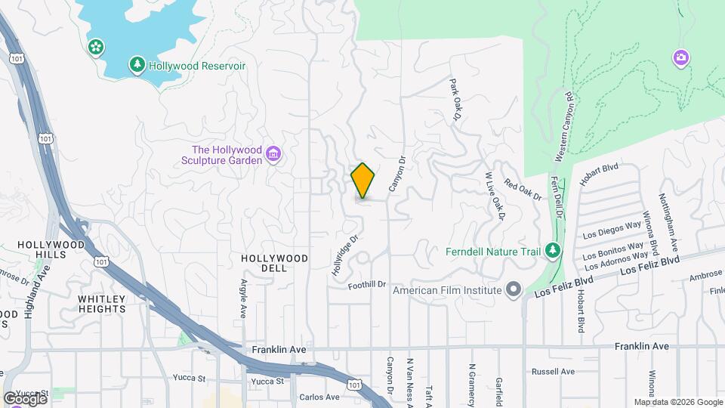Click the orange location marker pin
click(x=363, y=181)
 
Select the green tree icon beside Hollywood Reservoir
click(x=137, y=66)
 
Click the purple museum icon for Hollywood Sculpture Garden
click(x=273, y=156)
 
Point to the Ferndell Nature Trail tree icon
click(x=554, y=250)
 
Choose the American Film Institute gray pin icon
click(x=514, y=290)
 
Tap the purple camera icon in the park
click(x=680, y=57)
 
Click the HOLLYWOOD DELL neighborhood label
click(x=275, y=258)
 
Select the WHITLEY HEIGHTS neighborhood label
click(x=101, y=304)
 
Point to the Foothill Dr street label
click(x=368, y=285)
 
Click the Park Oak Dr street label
click(x=455, y=98)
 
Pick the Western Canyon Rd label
click(x=566, y=127)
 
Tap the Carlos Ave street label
click(x=319, y=397)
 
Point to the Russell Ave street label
click(x=553, y=372)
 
